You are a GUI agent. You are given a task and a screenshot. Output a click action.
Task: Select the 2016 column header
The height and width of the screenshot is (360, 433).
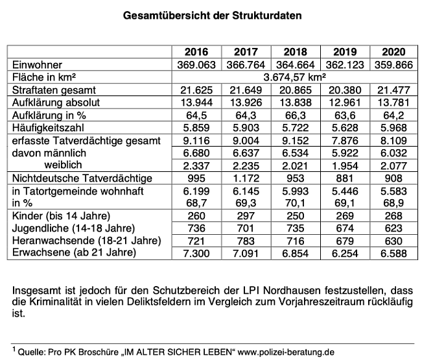point(197,53)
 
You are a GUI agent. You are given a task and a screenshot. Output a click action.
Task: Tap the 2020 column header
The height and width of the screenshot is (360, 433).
point(398,53)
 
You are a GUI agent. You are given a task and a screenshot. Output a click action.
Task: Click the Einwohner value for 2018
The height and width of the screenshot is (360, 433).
point(298,64)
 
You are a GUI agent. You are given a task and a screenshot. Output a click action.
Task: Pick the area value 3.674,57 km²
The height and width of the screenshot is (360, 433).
point(298,76)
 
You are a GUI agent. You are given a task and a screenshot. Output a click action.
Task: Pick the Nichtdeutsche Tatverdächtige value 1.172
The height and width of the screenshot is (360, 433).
point(247,177)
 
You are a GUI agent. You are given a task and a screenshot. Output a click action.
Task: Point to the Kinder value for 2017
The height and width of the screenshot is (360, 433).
point(247,216)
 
